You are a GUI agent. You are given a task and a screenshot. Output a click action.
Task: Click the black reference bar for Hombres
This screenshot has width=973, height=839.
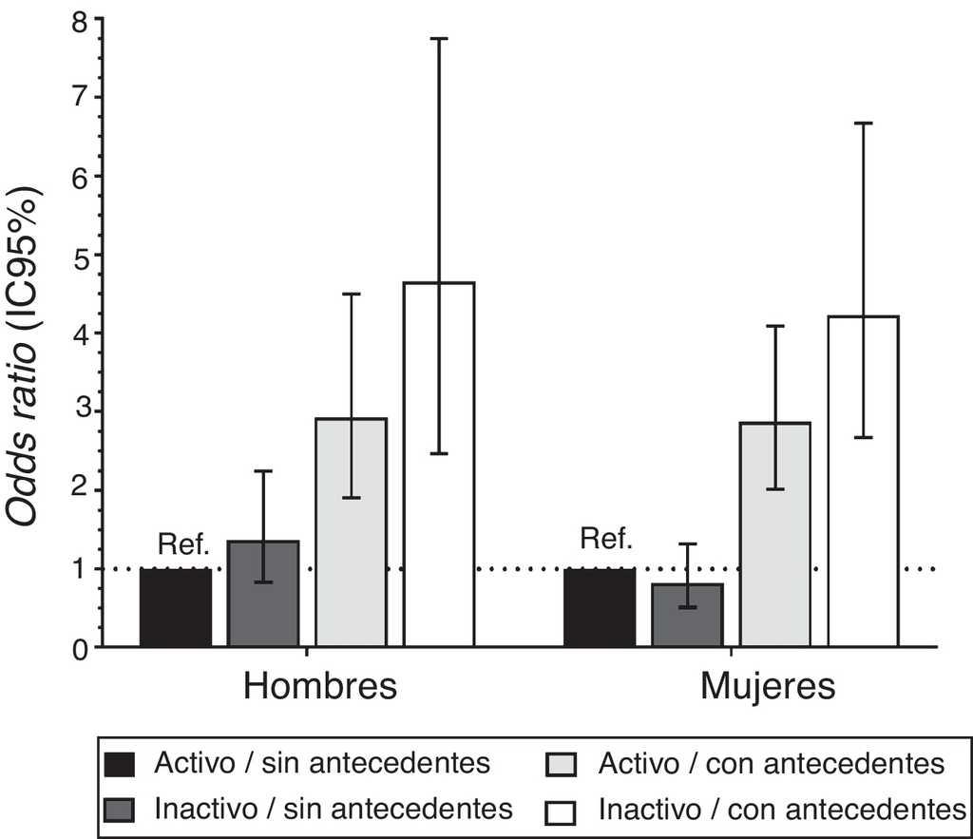pyautogui.click(x=176, y=608)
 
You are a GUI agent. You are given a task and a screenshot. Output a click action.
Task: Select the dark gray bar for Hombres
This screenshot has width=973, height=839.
pyautogui.click(x=263, y=595)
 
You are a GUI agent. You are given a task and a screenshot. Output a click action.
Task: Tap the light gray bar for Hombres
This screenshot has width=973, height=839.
pyautogui.click(x=352, y=532)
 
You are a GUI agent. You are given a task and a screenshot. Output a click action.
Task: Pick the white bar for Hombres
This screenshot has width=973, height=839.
pyautogui.click(x=439, y=466)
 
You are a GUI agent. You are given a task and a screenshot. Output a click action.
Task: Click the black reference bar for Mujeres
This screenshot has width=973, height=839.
pyautogui.click(x=600, y=608)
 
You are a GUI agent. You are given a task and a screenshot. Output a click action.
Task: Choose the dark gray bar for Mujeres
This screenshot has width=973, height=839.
pyautogui.click(x=687, y=616)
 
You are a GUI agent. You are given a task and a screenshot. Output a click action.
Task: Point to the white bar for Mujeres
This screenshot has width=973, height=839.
pyautogui.click(x=863, y=481)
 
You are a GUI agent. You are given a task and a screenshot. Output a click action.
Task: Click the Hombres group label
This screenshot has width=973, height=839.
pyautogui.click(x=320, y=686)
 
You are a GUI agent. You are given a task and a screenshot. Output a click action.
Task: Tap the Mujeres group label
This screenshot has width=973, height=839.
pyautogui.click(x=768, y=686)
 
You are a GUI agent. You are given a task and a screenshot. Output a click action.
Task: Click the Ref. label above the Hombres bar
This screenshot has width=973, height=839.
pyautogui.click(x=182, y=545)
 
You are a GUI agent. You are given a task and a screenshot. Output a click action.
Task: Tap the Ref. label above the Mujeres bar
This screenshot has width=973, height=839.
pyautogui.click(x=606, y=541)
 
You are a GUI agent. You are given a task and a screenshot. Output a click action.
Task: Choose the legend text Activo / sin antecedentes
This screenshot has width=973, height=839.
pyautogui.click(x=322, y=763)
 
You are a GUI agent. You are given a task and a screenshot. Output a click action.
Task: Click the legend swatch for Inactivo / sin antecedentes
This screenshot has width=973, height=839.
pyautogui.click(x=121, y=810)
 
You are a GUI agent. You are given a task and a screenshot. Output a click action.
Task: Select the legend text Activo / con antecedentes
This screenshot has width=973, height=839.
pyautogui.click(x=772, y=763)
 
